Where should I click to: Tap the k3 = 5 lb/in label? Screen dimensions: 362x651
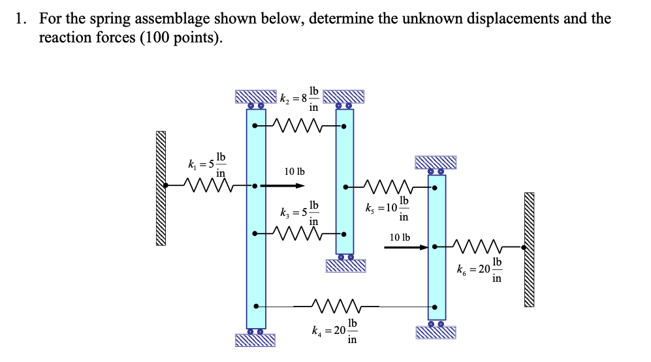pyautogui.click(x=299, y=213)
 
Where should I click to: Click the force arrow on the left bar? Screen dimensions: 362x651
pyautogui.click(x=283, y=186)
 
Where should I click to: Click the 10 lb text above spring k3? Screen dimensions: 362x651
pyautogui.click(x=294, y=172)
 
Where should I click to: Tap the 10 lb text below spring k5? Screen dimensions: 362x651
pyautogui.click(x=400, y=236)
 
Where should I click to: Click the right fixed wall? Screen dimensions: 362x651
pyautogui.click(x=529, y=249)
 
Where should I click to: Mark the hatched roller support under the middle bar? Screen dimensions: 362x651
pyautogui.click(x=345, y=265)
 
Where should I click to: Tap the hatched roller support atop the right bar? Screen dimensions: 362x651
pyautogui.click(x=436, y=162)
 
